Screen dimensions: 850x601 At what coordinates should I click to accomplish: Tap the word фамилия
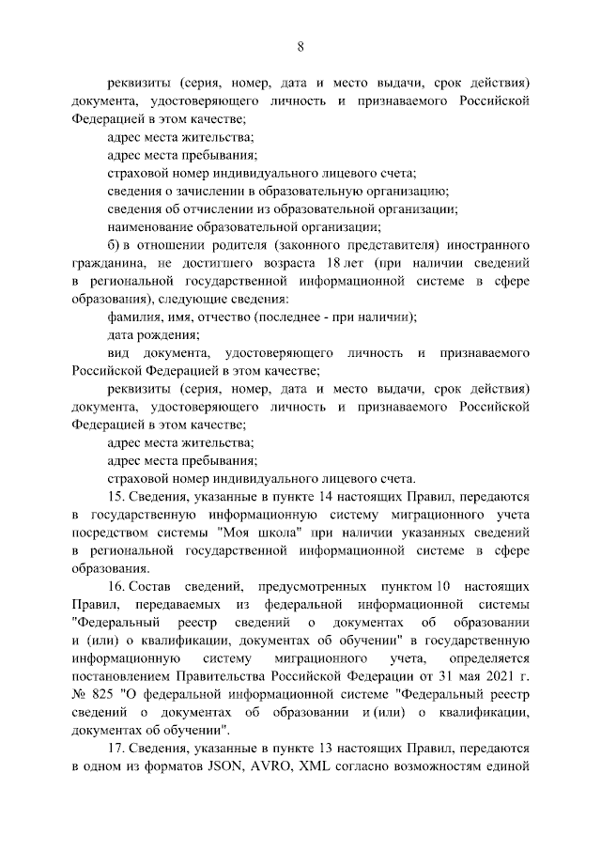point(137,316)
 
